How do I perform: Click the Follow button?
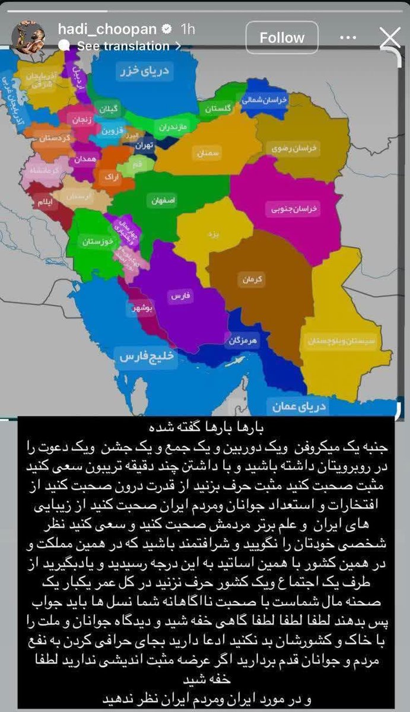[x=282, y=38]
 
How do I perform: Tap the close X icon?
[x=389, y=39]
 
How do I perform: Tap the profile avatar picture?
[x=28, y=37]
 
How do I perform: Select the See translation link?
[x=123, y=46]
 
